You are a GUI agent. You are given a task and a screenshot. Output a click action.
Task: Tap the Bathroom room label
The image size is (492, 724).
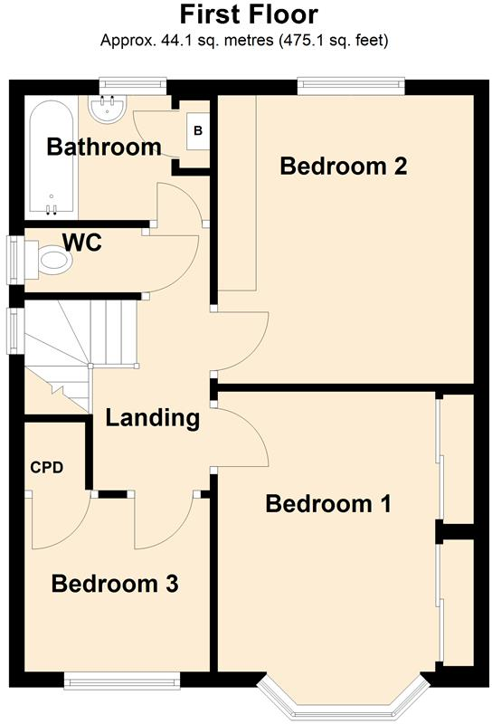(x=103, y=147)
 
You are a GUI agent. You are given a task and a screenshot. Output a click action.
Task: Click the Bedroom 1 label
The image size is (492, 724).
(x=327, y=504)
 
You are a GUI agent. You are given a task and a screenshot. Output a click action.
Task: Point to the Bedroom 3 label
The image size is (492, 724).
(x=114, y=584)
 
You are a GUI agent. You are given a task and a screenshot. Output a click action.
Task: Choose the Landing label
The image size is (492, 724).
(x=152, y=418)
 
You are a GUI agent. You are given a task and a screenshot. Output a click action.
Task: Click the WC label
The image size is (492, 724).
(x=81, y=243)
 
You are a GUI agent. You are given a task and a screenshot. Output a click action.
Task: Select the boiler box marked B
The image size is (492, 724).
(x=198, y=132)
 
